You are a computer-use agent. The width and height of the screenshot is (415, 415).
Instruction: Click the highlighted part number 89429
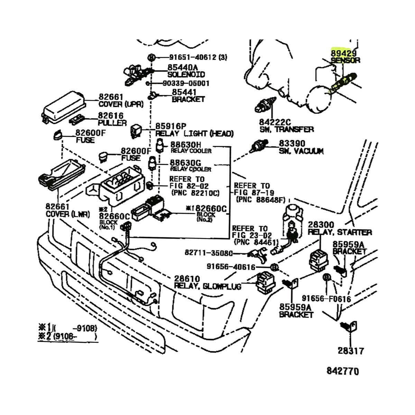[x=340, y=53]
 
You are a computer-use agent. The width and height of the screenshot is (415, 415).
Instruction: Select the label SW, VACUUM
[x=301, y=151]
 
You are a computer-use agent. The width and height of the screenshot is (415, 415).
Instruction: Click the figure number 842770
[x=343, y=371]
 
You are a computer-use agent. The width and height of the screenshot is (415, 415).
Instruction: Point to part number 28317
[x=350, y=351]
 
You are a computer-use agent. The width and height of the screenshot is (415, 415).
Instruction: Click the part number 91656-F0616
[x=326, y=298]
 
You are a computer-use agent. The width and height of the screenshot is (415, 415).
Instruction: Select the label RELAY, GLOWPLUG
[x=207, y=286]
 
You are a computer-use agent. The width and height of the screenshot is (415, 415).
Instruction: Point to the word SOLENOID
[x=186, y=74]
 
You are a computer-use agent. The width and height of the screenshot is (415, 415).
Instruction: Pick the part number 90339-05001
[x=191, y=83]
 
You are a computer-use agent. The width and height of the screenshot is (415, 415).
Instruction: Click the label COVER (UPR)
[x=121, y=104]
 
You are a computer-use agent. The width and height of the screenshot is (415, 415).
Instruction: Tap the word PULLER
[x=112, y=123]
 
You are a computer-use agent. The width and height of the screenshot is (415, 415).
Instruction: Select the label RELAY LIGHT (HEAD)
[x=194, y=133]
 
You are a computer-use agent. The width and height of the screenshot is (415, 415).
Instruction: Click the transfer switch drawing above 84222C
[x=265, y=104]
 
